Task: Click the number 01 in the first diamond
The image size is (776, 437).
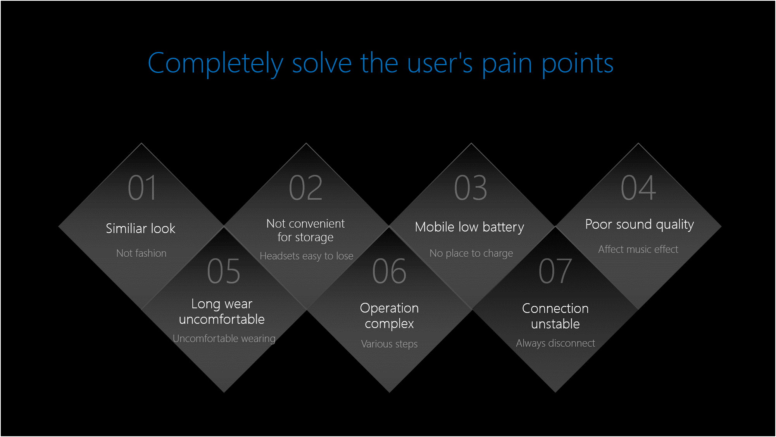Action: click(142, 188)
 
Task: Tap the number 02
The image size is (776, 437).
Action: click(306, 188)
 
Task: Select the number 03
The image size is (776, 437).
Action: click(471, 188)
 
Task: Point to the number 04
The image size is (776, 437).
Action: click(638, 188)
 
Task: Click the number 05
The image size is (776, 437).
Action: click(224, 271)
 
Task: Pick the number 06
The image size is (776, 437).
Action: click(389, 271)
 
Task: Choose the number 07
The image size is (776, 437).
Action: click(555, 271)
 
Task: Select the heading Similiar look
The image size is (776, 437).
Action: click(141, 228)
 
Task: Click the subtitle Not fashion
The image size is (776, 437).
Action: click(141, 253)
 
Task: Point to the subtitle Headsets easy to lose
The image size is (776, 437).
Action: click(307, 256)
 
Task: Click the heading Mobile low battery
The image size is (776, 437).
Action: click(469, 227)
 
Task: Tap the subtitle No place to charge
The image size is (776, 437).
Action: click(471, 253)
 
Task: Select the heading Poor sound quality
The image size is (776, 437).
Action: click(640, 225)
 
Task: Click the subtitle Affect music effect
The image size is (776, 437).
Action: click(638, 249)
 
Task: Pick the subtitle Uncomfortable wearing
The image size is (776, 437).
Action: click(224, 339)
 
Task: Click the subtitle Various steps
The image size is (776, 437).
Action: click(390, 344)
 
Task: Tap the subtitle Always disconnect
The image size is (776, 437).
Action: click(555, 343)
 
